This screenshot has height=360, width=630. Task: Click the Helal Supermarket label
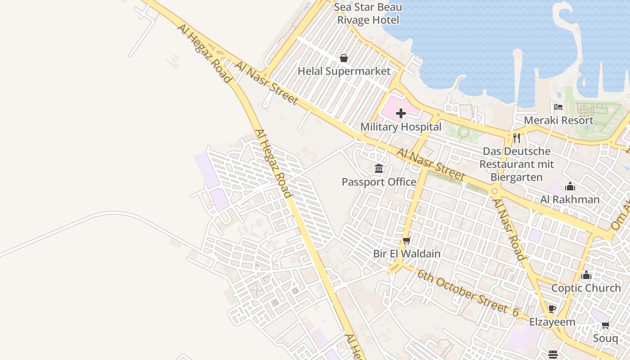point(344,71)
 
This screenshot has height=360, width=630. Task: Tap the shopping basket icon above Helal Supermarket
point(344,58)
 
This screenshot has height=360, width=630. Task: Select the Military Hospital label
point(400,127)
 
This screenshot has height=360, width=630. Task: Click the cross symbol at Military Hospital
point(400,113)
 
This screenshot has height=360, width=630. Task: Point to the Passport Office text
point(379,182)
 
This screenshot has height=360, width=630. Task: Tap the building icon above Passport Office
point(379,169)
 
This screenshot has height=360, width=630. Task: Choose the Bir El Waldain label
point(407,253)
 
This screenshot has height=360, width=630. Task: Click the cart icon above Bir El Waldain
point(407,240)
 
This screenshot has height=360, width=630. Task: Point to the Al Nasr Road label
point(508,229)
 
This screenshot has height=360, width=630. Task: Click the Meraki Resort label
point(558,120)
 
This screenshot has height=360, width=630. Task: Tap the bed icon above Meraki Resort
point(558,107)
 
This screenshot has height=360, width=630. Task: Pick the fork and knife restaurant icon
point(517,138)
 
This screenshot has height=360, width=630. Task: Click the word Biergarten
point(517,177)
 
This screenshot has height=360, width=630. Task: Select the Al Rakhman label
point(570,199)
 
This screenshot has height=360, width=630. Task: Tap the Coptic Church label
point(586,288)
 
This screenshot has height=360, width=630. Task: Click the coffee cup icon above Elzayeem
point(552,309)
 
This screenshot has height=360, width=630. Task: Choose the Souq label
point(605,338)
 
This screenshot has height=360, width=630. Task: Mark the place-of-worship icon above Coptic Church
point(586,275)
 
